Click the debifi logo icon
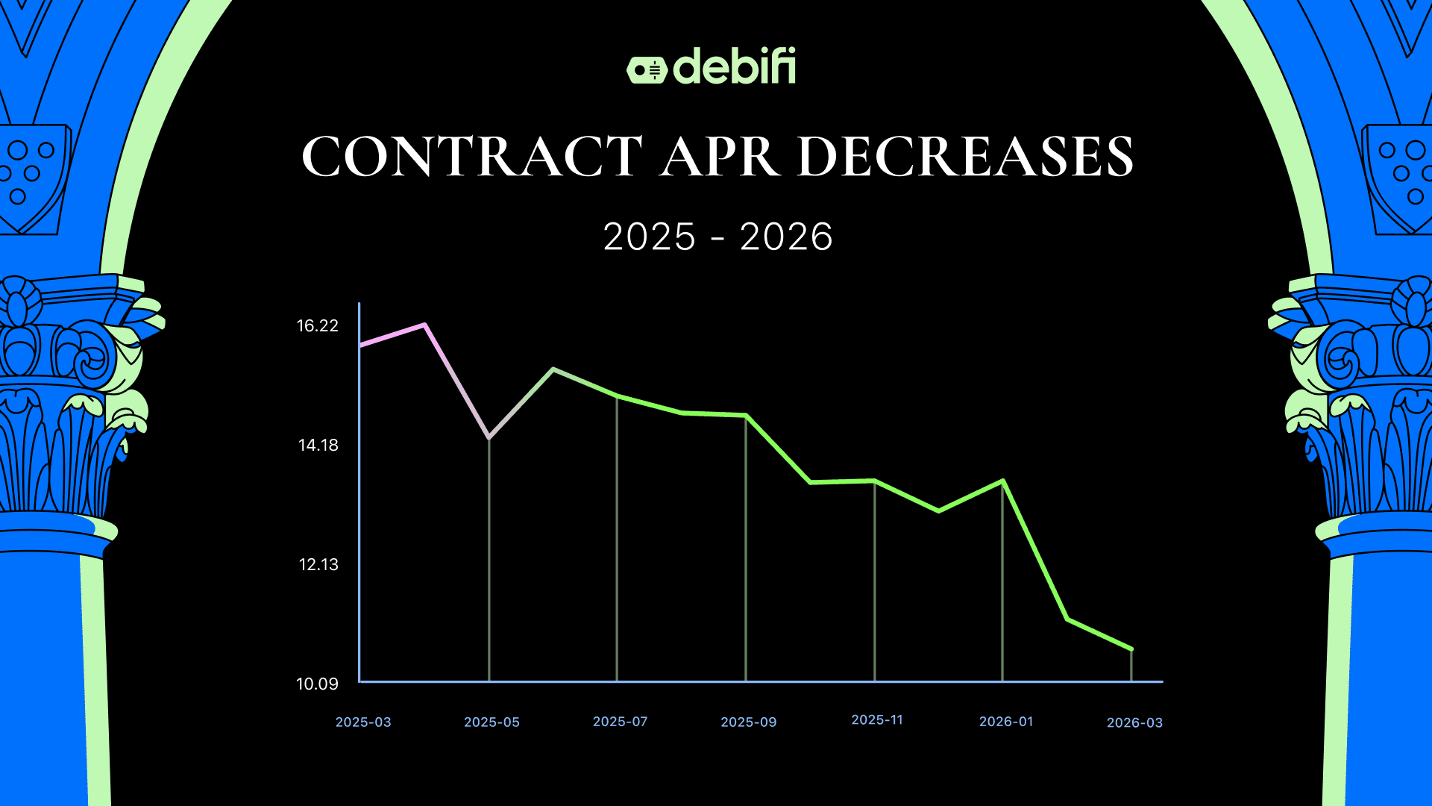646,69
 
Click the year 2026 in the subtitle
786,237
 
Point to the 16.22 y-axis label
318,325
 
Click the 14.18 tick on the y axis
318,445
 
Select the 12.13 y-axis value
318,564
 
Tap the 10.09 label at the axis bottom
317,684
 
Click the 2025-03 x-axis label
363,722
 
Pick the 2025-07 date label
620,722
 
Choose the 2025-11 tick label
877,719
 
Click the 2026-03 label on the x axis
1134,722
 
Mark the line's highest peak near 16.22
424,325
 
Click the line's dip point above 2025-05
489,437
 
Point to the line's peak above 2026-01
1003,481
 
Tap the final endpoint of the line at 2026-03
1131,649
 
